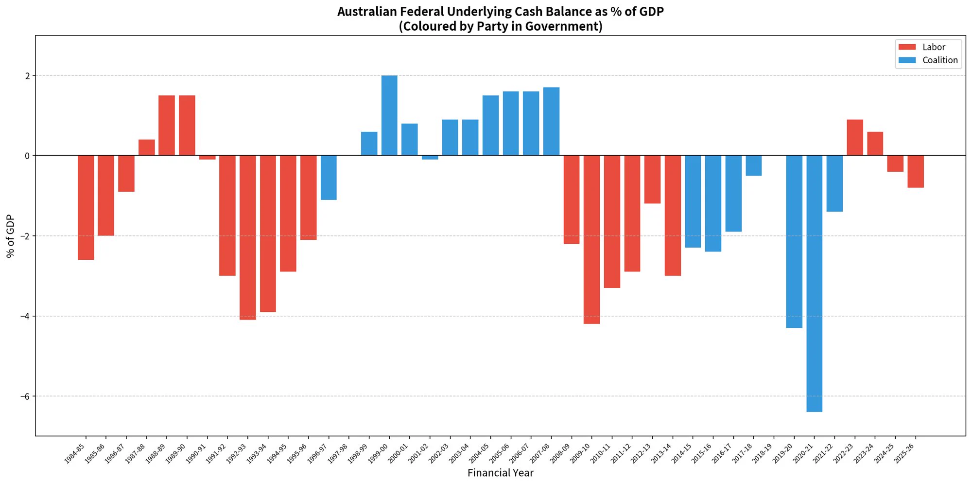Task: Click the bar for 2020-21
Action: pos(815,284)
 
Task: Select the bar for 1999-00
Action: pos(389,115)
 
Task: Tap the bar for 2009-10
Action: pos(592,240)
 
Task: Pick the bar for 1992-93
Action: pos(248,238)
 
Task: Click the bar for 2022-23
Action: pos(855,138)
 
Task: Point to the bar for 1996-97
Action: pos(329,178)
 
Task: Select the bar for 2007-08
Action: pos(551,122)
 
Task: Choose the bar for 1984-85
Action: pos(86,208)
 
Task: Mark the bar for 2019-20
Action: pos(794,242)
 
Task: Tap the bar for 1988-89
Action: pos(167,126)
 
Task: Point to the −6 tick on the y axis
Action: pos(25,396)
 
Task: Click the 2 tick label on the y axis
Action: pos(28,76)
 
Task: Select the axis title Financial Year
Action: pos(501,473)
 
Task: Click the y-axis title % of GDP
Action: pos(11,236)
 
